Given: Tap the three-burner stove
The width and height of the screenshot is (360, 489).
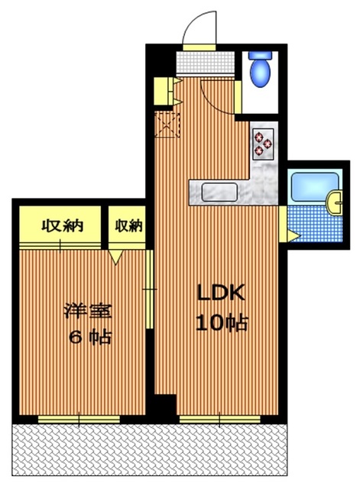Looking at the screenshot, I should tap(263, 142).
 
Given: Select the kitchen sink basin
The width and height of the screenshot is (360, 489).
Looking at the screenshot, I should tap(216, 192).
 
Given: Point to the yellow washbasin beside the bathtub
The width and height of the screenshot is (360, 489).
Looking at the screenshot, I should tap(335, 202).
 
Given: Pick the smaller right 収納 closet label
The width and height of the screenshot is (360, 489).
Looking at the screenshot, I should tap(128, 225).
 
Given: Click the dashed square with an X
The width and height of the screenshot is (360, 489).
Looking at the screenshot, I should tap(165, 123).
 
